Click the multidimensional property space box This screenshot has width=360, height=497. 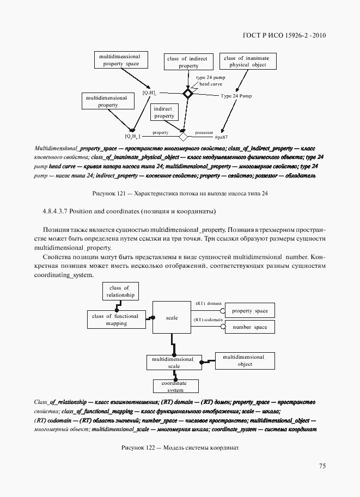118,60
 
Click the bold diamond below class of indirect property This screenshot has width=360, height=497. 188,94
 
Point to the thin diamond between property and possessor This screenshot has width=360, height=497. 184,136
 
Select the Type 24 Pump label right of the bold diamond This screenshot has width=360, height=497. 236,96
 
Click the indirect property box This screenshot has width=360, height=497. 164,113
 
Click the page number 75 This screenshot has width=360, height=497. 322,466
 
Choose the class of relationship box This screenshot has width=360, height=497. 119,292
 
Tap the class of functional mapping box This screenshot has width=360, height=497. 115,320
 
